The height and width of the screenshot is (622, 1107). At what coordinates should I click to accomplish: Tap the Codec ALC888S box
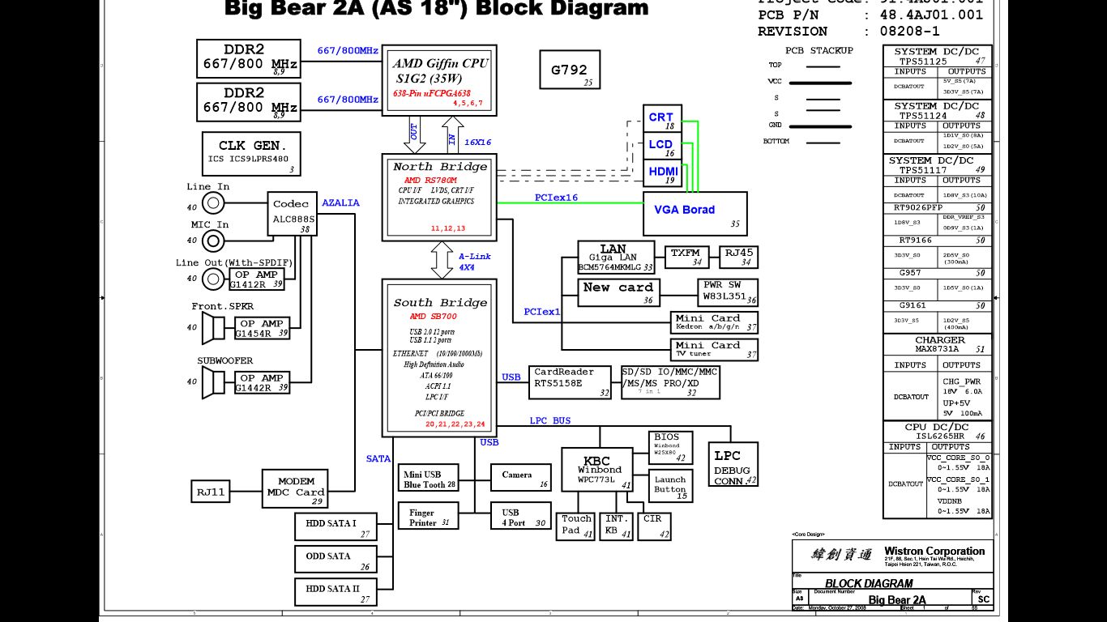[x=292, y=214]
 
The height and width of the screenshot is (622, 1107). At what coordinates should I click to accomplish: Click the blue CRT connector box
[x=661, y=118]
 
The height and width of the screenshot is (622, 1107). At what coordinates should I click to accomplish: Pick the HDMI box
[x=662, y=172]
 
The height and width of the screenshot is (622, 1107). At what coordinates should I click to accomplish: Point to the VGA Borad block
[x=695, y=214]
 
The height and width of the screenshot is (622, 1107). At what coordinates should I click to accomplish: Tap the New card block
[x=618, y=293]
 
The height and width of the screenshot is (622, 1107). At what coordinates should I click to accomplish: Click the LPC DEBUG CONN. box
[x=733, y=465]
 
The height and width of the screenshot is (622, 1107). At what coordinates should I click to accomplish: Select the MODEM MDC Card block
[x=296, y=488]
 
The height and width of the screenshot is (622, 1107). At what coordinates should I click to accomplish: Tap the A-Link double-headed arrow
[x=442, y=259]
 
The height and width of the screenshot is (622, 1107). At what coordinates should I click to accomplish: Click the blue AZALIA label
[x=341, y=203]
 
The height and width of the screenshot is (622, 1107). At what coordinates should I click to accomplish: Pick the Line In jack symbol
[x=213, y=202]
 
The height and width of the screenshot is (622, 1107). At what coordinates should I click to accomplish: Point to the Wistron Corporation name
[x=934, y=552]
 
